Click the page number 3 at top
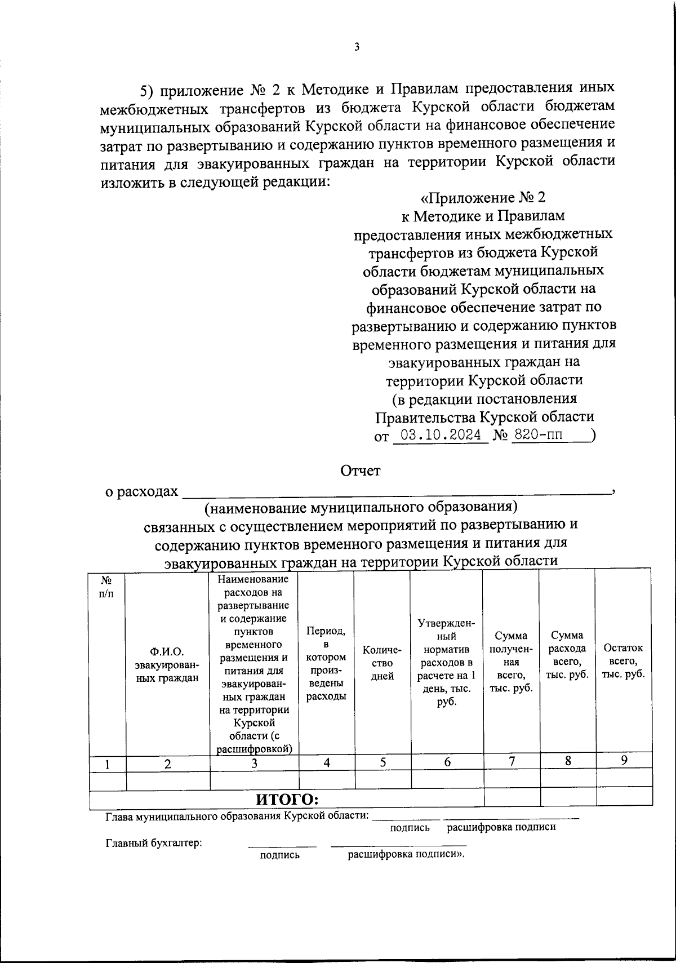coord(356,47)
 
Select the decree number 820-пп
coord(539,435)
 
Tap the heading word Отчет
coord(361,471)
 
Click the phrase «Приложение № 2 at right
coord(484,198)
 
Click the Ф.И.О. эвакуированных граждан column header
coord(167,664)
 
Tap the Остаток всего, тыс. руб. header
coord(624,661)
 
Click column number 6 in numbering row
coord(447,762)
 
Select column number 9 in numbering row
coord(624,760)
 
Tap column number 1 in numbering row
coord(107,764)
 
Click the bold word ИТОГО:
coord(287,799)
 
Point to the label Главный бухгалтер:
coord(154,844)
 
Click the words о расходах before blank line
coord(142,491)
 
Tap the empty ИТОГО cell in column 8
coord(567,796)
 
